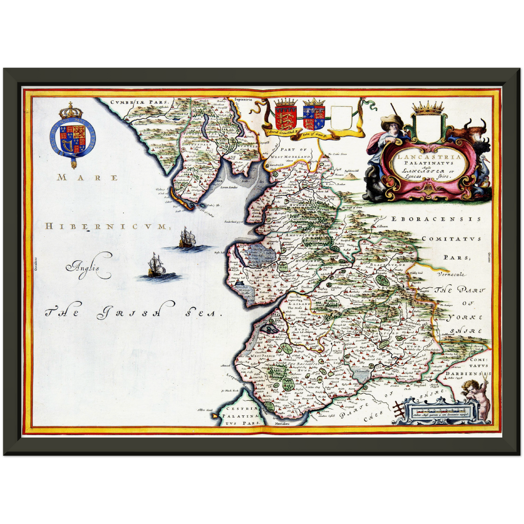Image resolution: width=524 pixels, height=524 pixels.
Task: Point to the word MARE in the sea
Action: coord(87,178)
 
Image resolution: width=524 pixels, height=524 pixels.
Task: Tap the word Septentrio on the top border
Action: coord(243,99)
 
